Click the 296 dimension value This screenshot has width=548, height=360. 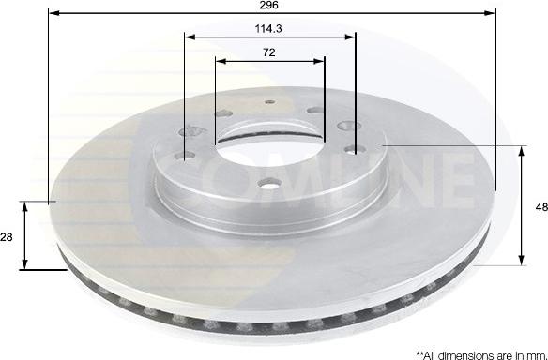tap(268, 5)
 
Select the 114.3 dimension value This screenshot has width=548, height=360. tap(268, 29)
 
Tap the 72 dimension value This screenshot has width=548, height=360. tap(268, 52)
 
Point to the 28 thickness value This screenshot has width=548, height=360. tap(7, 237)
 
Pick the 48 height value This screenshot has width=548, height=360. tap(541, 207)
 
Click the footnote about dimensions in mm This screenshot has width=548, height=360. tap(481, 355)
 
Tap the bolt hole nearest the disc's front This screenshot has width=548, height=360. tap(268, 183)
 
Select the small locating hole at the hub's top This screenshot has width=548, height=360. tap(270, 102)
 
